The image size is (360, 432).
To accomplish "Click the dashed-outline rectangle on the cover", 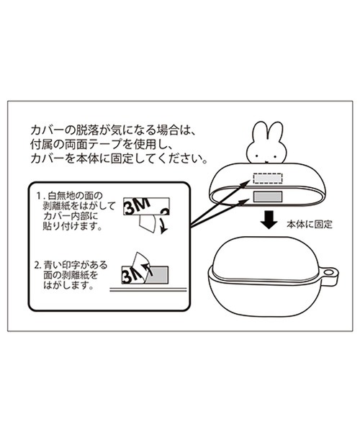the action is (268, 179).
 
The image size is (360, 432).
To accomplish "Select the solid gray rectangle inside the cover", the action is (268, 196).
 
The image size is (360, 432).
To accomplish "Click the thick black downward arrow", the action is (269, 220).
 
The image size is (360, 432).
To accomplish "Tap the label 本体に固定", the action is (310, 224).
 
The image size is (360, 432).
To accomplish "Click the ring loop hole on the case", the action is (328, 273).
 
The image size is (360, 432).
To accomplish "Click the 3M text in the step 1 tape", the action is (137, 207).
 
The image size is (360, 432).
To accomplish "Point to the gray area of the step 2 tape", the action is (158, 275).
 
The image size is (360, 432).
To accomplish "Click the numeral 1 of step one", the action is (39, 196).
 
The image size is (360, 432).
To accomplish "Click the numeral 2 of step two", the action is (37, 266).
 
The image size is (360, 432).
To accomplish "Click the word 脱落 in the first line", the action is (88, 129).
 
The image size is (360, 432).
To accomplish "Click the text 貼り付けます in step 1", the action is (73, 227).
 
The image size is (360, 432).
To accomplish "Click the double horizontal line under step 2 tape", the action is (148, 289).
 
